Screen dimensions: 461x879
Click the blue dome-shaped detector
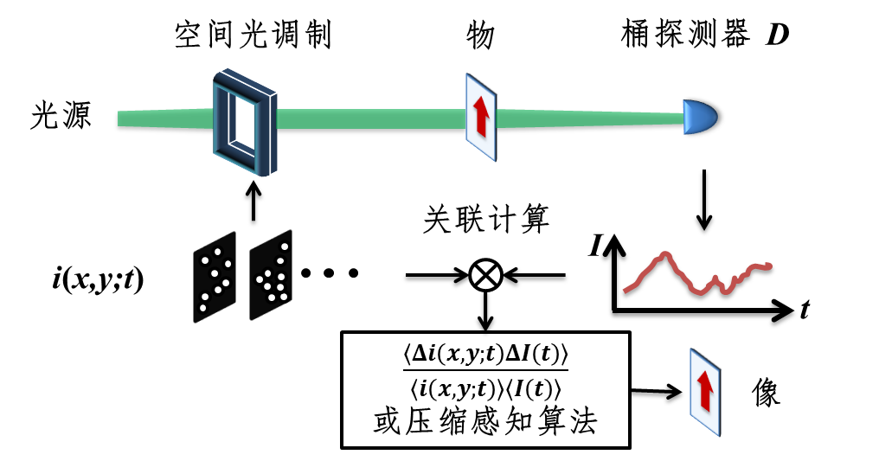tap(700, 118)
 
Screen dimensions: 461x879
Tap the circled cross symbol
tap(485, 276)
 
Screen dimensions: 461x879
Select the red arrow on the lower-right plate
tap(705, 390)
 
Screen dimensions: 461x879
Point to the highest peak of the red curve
tap(664, 253)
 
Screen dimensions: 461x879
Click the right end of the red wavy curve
tap(768, 266)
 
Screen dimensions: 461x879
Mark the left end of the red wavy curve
tap(625, 291)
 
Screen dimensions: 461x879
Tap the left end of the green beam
tap(120, 118)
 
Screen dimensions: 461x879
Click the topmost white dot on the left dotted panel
tap(217, 252)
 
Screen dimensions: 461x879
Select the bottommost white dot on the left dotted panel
tap(203, 308)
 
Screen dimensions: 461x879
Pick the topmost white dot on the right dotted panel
tap(285, 247)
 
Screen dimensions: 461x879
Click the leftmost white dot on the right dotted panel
tap(260, 279)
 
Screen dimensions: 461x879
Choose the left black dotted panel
tap(214, 277)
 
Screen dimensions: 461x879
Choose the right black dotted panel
tap(271, 275)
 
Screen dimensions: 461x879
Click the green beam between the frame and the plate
tap(372, 118)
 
